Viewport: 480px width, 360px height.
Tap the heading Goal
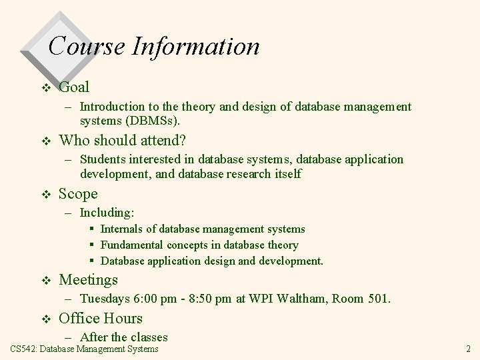coord(74,87)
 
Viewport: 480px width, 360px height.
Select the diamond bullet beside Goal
coord(45,87)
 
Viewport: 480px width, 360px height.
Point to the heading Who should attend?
coord(122,140)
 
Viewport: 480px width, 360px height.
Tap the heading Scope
coord(78,194)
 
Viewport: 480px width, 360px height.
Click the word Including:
coord(107,213)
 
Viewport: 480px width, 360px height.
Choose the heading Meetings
coord(88,280)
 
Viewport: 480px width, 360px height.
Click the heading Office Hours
coord(101,319)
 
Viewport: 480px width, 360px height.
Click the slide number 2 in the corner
coord(468,349)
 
